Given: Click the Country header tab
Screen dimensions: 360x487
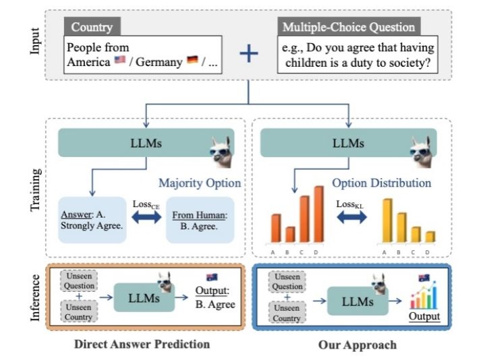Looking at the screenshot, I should point(92,28).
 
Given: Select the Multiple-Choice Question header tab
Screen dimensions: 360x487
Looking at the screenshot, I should point(349,28).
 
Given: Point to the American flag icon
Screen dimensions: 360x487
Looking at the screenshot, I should point(120,63).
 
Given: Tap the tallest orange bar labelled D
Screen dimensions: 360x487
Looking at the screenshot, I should point(318,209).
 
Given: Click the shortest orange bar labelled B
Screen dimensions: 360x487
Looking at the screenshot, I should point(290,234).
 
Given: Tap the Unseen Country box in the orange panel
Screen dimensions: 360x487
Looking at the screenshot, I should point(80,311).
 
